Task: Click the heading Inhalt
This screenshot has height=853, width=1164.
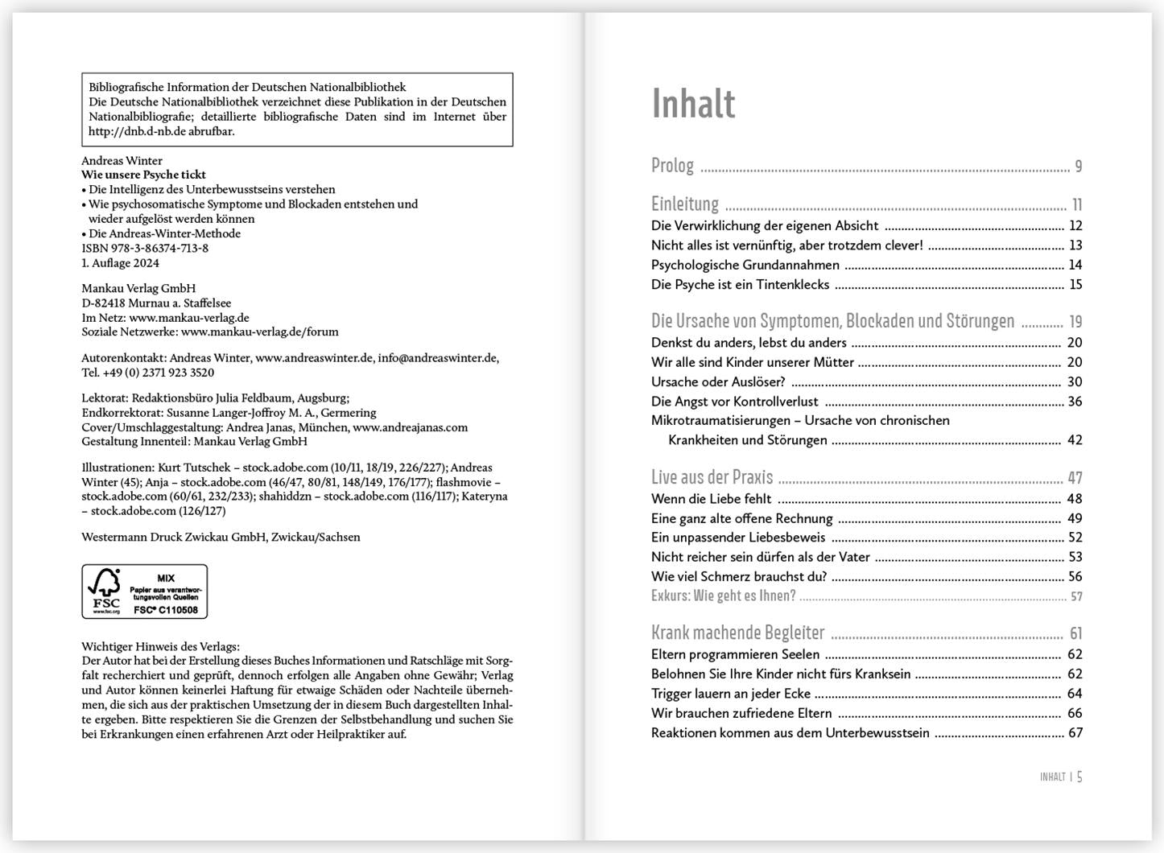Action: coord(693,104)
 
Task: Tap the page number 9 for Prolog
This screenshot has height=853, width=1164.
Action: coord(1079,167)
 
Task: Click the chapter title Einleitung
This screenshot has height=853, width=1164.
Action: coord(685,204)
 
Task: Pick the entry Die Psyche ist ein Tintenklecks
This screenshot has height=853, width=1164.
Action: coord(740,285)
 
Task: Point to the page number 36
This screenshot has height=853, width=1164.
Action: coord(1075,402)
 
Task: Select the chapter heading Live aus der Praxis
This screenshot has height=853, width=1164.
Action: coord(712,477)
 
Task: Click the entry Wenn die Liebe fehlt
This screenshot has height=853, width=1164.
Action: coord(711,499)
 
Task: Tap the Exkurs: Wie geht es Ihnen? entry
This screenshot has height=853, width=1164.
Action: coord(723,596)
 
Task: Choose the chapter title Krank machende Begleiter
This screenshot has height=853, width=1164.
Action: coord(737,633)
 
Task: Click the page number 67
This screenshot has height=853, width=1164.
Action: coord(1075,733)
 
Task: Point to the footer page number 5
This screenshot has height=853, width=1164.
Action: coord(1079,777)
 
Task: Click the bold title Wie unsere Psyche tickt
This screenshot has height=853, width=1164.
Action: coord(143,175)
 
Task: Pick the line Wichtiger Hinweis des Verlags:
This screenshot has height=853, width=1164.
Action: coord(160,646)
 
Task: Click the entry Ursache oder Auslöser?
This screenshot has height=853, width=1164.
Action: coord(718,382)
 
